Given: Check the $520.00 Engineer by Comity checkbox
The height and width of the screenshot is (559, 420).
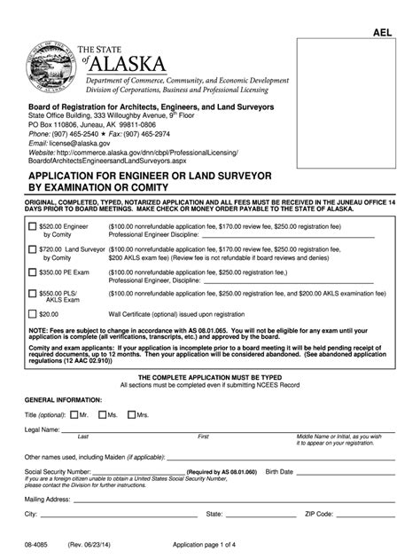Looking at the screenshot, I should point(32,228).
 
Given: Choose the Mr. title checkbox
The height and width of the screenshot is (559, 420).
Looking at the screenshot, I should point(74,414).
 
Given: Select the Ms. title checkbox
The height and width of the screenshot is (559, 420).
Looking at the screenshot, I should point(102,414).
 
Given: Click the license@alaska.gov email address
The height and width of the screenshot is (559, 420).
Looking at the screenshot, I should point(81,142).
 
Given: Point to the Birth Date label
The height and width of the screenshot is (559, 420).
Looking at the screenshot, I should point(284,470).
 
